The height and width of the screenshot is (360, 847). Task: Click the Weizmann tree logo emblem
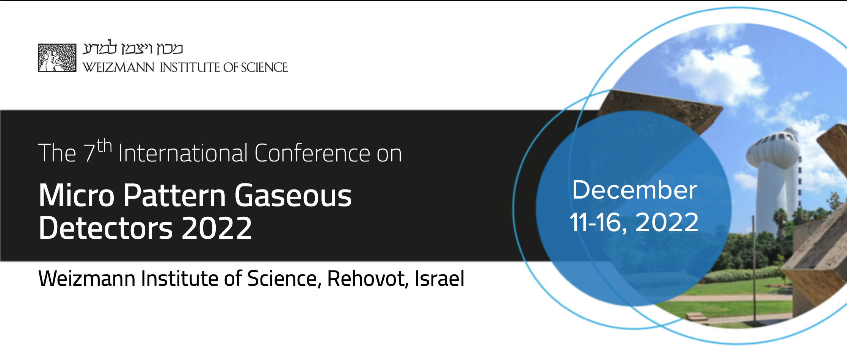pos(57,58)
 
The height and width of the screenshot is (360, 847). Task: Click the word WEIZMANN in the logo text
pos(118,67)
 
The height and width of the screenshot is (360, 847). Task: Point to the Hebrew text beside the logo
pos(133,49)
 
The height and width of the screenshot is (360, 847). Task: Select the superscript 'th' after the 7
pos(104,146)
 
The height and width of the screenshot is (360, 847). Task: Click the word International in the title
pos(183,153)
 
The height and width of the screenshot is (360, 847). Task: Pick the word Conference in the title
pos(312,153)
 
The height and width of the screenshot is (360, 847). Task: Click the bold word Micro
pos(77,196)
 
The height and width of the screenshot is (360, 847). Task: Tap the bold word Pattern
pos(175,196)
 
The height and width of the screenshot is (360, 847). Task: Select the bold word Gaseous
pos(293,196)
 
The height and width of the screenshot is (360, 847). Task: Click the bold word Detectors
pos(106,228)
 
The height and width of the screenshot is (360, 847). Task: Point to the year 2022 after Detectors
pos(217,228)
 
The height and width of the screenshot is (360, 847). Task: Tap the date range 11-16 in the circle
pos(598,222)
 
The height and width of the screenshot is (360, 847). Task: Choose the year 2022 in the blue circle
pos(667,222)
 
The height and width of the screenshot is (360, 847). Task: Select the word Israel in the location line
pos(439,279)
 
